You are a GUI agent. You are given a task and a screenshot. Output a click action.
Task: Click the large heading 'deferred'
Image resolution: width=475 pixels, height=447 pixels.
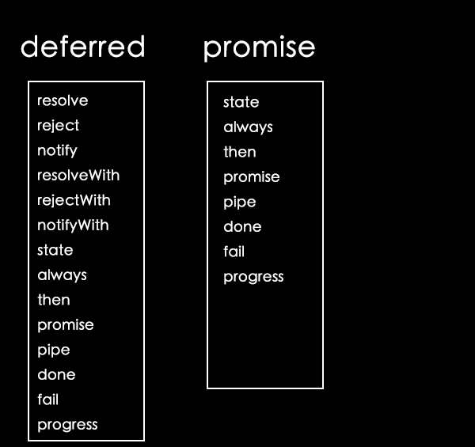[82, 46]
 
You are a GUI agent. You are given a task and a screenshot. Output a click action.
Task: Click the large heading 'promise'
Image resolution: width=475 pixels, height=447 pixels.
[260, 48]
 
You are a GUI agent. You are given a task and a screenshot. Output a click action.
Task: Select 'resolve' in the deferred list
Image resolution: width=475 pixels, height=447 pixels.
[63, 100]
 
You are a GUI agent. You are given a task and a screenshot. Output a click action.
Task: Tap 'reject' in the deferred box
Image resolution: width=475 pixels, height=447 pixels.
[58, 126]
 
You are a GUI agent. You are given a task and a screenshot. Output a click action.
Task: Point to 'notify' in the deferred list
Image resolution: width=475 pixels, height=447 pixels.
[57, 150]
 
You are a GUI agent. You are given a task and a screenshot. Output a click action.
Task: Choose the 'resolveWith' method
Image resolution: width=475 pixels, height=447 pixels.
[78, 175]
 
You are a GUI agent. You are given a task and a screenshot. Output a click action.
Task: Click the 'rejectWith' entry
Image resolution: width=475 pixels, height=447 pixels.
[74, 200]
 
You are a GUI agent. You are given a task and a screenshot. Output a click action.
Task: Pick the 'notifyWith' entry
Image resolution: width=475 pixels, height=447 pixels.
[73, 225]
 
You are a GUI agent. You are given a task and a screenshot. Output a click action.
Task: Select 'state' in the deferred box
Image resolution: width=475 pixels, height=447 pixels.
[55, 250]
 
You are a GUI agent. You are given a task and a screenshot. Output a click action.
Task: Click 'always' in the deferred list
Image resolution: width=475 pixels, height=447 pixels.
[62, 275]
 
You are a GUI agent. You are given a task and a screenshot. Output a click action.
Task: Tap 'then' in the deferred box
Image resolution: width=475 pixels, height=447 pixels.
[54, 300]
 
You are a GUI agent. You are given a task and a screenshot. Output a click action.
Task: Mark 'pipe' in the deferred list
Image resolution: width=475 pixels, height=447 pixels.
[54, 350]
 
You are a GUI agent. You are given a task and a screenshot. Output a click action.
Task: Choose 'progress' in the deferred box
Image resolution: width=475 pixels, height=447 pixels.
[67, 425]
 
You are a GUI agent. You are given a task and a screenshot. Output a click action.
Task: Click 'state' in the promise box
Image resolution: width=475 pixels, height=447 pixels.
[241, 102]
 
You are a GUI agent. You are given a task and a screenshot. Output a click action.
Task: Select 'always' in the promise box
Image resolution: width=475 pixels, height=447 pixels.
[248, 127]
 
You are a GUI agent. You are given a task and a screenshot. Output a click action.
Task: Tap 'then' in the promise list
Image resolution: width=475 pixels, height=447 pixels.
[240, 152]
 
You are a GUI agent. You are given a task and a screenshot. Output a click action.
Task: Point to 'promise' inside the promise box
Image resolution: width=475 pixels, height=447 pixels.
[252, 177]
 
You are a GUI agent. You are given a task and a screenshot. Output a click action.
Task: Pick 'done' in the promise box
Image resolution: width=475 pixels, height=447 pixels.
[242, 226]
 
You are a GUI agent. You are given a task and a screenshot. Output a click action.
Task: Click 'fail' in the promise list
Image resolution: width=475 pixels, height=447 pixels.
[234, 252]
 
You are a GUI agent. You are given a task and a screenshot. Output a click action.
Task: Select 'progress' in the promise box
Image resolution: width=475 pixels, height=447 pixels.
[253, 277]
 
